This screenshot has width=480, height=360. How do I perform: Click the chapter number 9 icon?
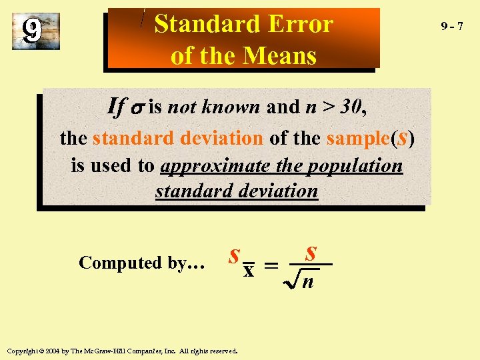[x=33, y=30]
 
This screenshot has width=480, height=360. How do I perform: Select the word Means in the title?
[x=279, y=55]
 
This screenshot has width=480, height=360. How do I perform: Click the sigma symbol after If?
[x=137, y=108]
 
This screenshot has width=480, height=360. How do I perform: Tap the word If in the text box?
[x=117, y=106]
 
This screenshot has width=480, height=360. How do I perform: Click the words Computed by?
[x=141, y=263]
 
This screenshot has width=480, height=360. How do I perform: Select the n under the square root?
[x=308, y=281]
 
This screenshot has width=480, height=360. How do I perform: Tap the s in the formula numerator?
[x=310, y=253]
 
